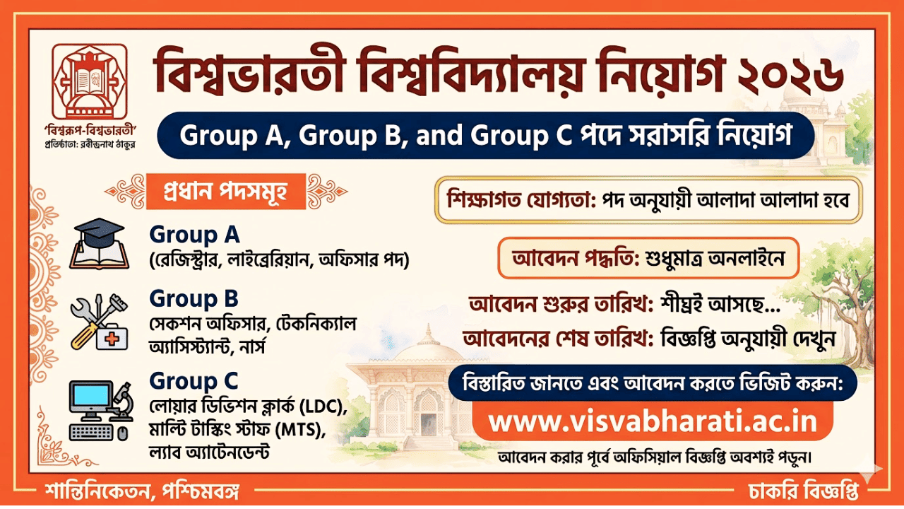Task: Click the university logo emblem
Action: coord(90,80)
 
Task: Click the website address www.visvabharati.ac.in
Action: coord(653,422)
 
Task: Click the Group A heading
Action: coord(194,234)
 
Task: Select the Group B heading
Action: coord(194,298)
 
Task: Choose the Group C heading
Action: coord(194,381)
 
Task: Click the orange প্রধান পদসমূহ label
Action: coord(225,191)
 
